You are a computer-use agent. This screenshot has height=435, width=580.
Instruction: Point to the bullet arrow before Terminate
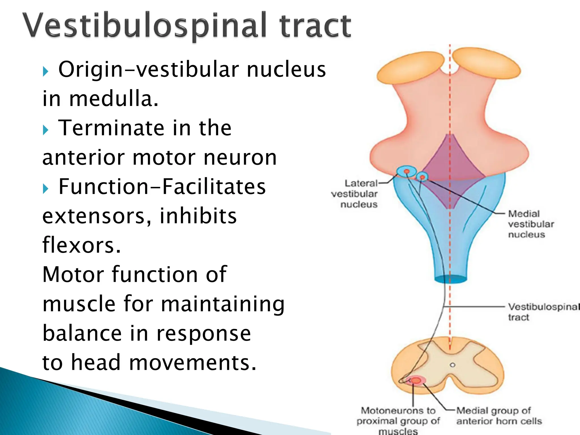point(46,130)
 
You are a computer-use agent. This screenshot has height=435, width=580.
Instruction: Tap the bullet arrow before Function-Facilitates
point(46,189)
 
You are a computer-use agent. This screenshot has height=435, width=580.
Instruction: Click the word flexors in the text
point(82,245)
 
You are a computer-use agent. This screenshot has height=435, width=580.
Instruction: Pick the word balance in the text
point(82,333)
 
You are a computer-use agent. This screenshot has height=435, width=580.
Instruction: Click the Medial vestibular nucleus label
point(530,224)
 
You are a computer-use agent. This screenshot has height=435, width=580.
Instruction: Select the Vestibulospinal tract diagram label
point(542,312)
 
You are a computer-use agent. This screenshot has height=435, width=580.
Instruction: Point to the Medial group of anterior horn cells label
point(498,416)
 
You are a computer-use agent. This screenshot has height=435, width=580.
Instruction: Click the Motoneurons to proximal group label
point(398,420)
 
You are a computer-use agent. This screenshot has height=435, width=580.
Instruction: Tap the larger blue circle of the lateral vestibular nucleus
point(406,171)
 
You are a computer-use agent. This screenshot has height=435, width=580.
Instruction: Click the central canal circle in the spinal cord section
point(453,365)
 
